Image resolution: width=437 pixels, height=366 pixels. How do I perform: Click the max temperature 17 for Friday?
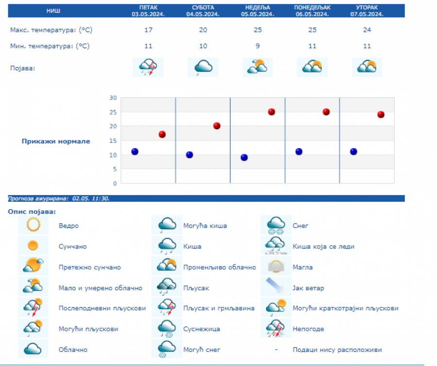[148, 30]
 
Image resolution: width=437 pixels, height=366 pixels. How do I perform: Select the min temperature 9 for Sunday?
[257, 46]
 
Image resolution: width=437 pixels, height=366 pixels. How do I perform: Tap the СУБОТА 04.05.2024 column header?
[203, 11]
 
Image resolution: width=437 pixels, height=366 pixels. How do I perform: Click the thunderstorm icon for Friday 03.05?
[148, 67]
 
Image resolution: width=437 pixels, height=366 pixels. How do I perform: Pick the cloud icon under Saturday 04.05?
[202, 67]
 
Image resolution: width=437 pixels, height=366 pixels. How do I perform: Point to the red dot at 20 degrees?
[217, 126]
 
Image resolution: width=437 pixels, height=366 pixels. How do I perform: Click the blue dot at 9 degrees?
[244, 157]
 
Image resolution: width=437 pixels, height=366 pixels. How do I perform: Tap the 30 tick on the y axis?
[113, 98]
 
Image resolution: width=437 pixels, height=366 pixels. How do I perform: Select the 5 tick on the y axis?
[115, 169]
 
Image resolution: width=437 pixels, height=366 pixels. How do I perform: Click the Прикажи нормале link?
[55, 141]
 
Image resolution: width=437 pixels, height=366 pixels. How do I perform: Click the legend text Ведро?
[68, 226]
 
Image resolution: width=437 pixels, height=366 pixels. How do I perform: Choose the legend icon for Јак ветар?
[276, 287]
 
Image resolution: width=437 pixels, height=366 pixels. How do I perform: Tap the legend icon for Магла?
[276, 267]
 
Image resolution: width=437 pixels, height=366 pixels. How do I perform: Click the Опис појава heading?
[32, 212]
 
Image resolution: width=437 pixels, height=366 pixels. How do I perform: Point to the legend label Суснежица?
[202, 329]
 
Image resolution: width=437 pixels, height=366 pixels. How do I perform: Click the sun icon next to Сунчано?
[33, 246]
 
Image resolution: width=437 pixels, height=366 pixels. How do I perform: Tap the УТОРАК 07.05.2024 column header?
[367, 11]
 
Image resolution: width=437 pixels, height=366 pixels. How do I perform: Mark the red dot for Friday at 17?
[162, 134]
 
